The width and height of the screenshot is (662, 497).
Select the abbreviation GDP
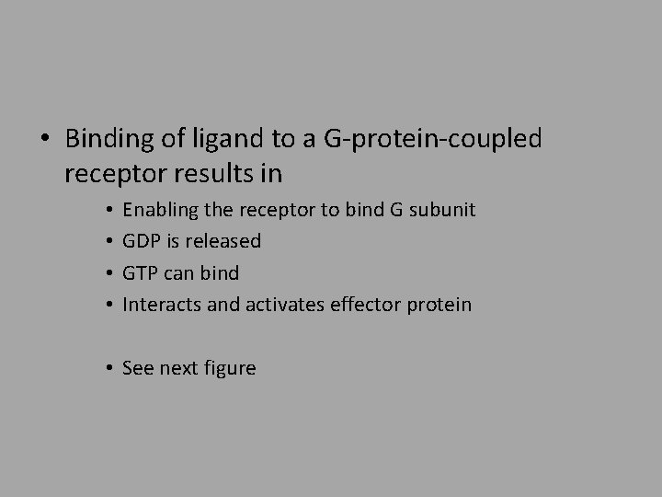point(143,241)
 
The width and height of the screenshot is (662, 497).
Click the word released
point(225,241)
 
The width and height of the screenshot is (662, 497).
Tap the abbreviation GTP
point(142,273)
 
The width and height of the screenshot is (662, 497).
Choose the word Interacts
point(162,305)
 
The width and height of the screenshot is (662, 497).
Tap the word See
point(138,368)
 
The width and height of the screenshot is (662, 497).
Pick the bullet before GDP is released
point(108,241)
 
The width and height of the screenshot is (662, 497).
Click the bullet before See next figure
point(108,368)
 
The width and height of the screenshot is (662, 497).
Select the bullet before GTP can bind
point(108,273)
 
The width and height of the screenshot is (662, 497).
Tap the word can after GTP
point(184,273)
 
